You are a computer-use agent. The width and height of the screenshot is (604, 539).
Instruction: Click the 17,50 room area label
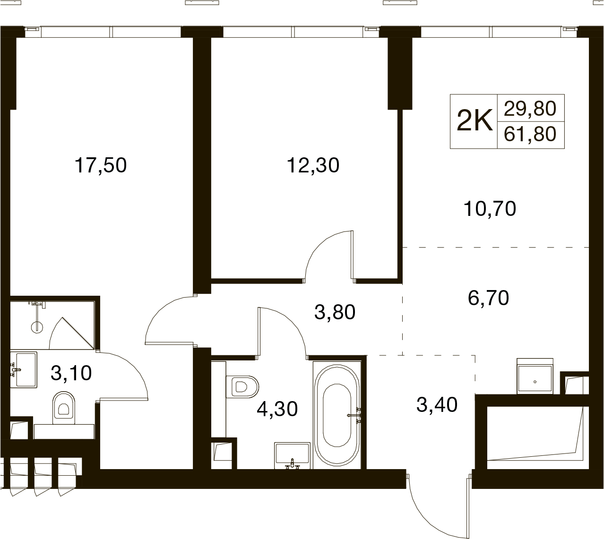pyautogui.click(x=101, y=165)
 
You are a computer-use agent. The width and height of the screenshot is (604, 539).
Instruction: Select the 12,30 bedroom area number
pyautogui.click(x=313, y=165)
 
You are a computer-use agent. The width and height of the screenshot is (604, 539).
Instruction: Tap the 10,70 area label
pyautogui.click(x=490, y=209)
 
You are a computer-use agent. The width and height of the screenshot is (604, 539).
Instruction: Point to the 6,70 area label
pyautogui.click(x=488, y=298)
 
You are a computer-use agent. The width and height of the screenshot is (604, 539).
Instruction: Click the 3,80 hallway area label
pyautogui.click(x=335, y=312)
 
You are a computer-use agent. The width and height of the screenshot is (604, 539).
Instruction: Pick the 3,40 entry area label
pyautogui.click(x=437, y=405)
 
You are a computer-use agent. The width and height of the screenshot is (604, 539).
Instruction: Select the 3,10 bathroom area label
pyautogui.click(x=71, y=373)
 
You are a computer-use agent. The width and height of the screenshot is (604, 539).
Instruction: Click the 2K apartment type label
pyautogui.click(x=475, y=121)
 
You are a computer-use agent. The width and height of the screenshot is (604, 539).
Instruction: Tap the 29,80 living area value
pyautogui.click(x=530, y=108)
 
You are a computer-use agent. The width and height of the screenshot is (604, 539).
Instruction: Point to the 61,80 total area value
pyautogui.click(x=530, y=134)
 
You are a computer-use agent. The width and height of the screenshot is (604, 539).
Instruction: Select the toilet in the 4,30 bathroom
pyautogui.click(x=242, y=387)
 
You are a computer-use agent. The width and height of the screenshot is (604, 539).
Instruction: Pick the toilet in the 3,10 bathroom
pyautogui.click(x=63, y=408)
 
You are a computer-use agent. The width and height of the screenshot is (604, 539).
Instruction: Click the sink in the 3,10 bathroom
pyautogui.click(x=24, y=370)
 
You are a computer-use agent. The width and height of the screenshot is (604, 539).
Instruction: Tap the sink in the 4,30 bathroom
pyautogui.click(x=292, y=456)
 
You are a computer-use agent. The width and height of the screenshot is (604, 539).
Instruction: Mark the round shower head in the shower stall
pyautogui.click(x=37, y=327)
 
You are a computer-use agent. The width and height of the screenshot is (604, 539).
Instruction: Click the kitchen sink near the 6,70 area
pyautogui.click(x=535, y=376)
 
